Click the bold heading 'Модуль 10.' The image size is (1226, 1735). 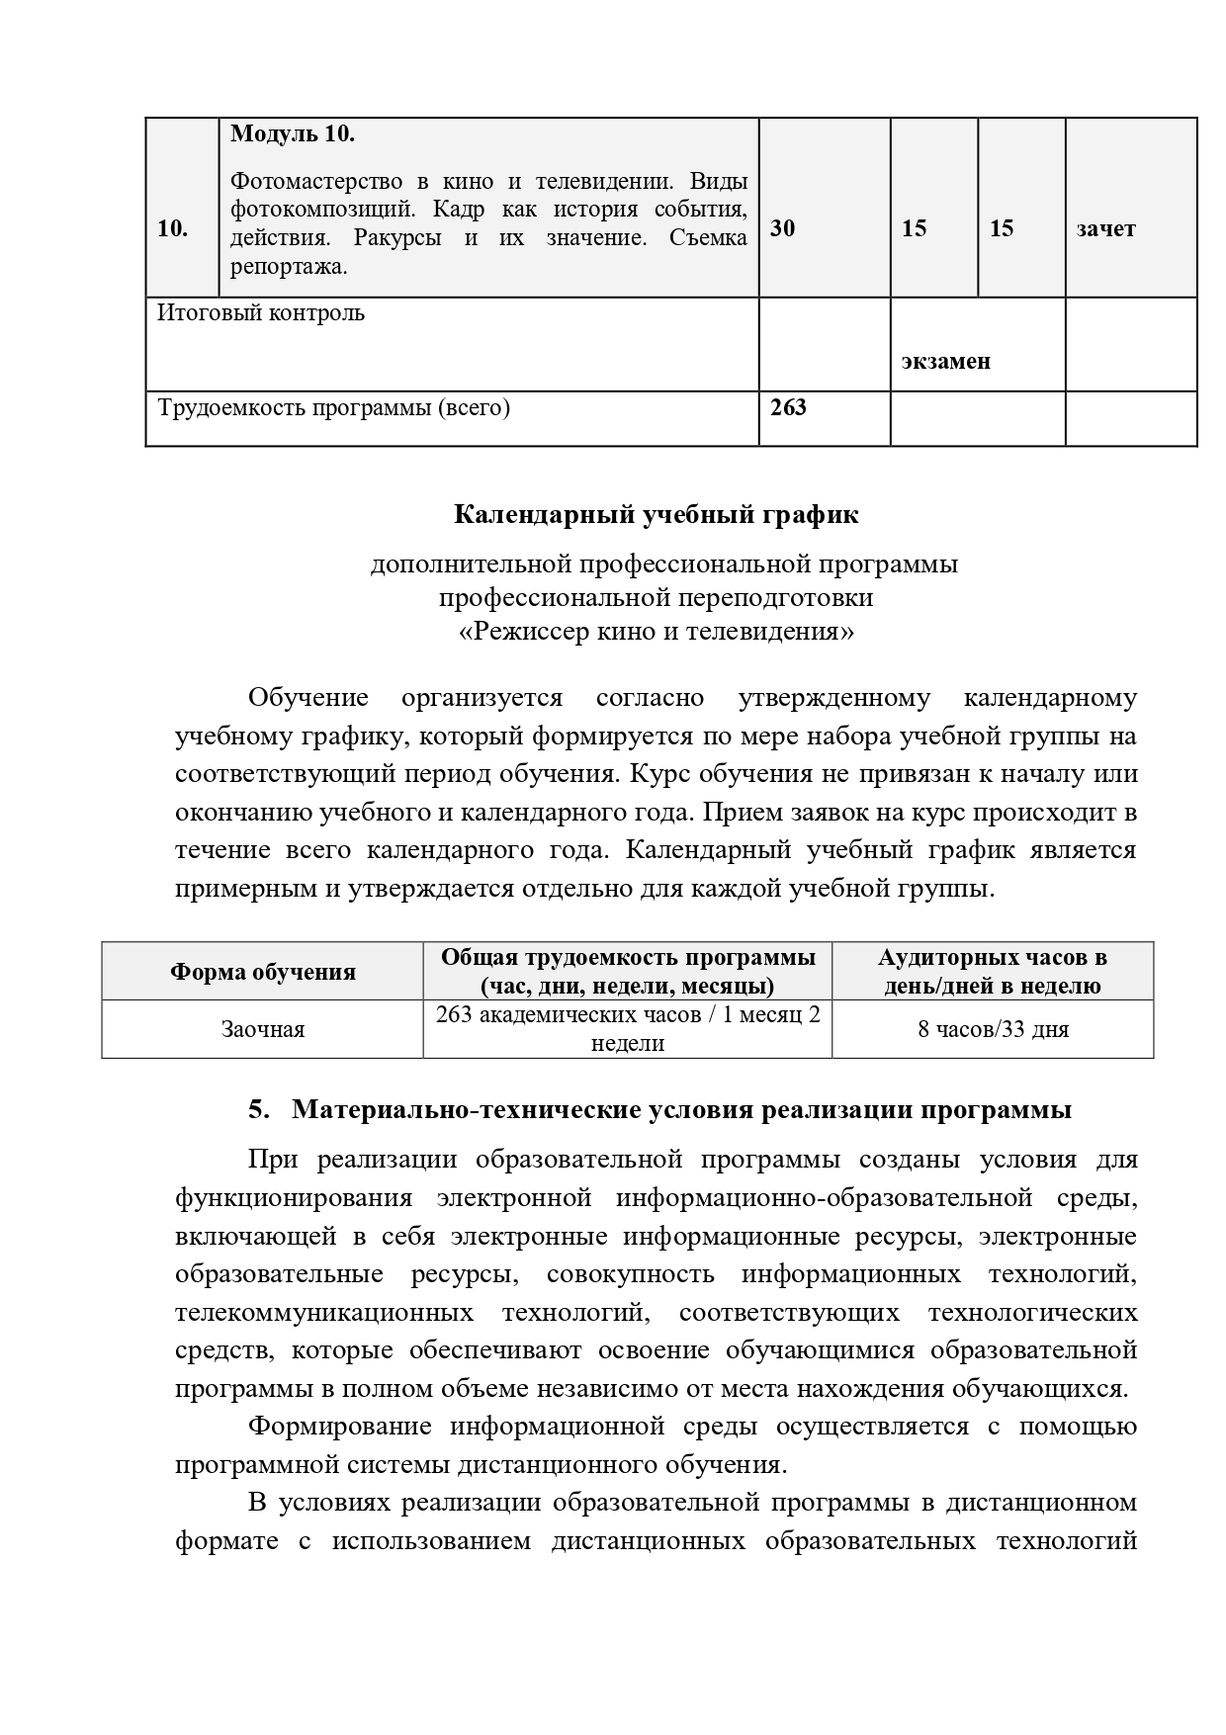coord(292,134)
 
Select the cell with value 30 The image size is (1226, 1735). coord(782,228)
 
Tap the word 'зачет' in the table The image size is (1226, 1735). coord(1105,229)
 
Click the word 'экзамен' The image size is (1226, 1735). coord(945,361)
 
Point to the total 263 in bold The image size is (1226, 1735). coord(788,407)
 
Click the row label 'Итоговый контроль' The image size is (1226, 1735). coord(261,313)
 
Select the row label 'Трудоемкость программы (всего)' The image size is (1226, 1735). coord(333,407)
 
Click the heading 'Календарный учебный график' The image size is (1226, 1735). coord(656,515)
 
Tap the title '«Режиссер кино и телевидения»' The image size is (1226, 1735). coord(657,631)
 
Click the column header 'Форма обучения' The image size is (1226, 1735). coord(262,972)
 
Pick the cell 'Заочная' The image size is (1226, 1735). coord(262,1030)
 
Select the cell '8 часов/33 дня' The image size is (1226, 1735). coord(993,1030)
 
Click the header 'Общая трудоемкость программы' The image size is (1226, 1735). coord(628,958)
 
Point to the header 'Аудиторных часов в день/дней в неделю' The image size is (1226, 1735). coord(993,972)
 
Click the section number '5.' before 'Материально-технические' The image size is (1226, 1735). coord(258,1110)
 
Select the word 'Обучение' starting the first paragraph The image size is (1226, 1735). coord(307,698)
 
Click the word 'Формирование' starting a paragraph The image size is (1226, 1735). coord(339,1427)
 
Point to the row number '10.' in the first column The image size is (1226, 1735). coord(173,229)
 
